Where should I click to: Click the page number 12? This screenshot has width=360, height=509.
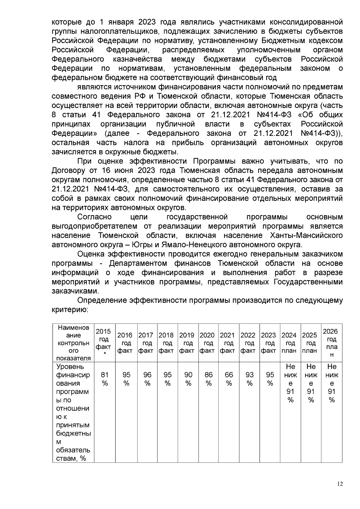[x=340, y=484]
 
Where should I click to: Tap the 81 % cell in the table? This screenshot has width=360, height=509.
[x=105, y=379]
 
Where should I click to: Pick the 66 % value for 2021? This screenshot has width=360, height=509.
[x=229, y=379]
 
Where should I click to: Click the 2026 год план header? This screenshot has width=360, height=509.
[x=332, y=343]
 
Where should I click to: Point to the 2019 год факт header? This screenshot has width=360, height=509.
[x=188, y=343]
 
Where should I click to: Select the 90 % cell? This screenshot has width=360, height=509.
[x=188, y=379]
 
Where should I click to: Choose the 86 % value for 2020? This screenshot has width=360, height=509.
[x=208, y=379]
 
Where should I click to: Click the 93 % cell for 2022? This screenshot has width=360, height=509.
[x=250, y=379]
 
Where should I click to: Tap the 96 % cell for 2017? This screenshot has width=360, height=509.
[x=147, y=379]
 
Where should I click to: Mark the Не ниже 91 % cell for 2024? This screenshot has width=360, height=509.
[x=290, y=383]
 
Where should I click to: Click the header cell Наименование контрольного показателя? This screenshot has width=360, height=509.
[x=73, y=343]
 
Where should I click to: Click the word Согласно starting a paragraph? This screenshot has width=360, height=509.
[x=94, y=217]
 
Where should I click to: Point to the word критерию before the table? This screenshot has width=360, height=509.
[x=70, y=310]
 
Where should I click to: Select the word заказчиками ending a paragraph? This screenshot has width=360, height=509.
[x=75, y=291]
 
